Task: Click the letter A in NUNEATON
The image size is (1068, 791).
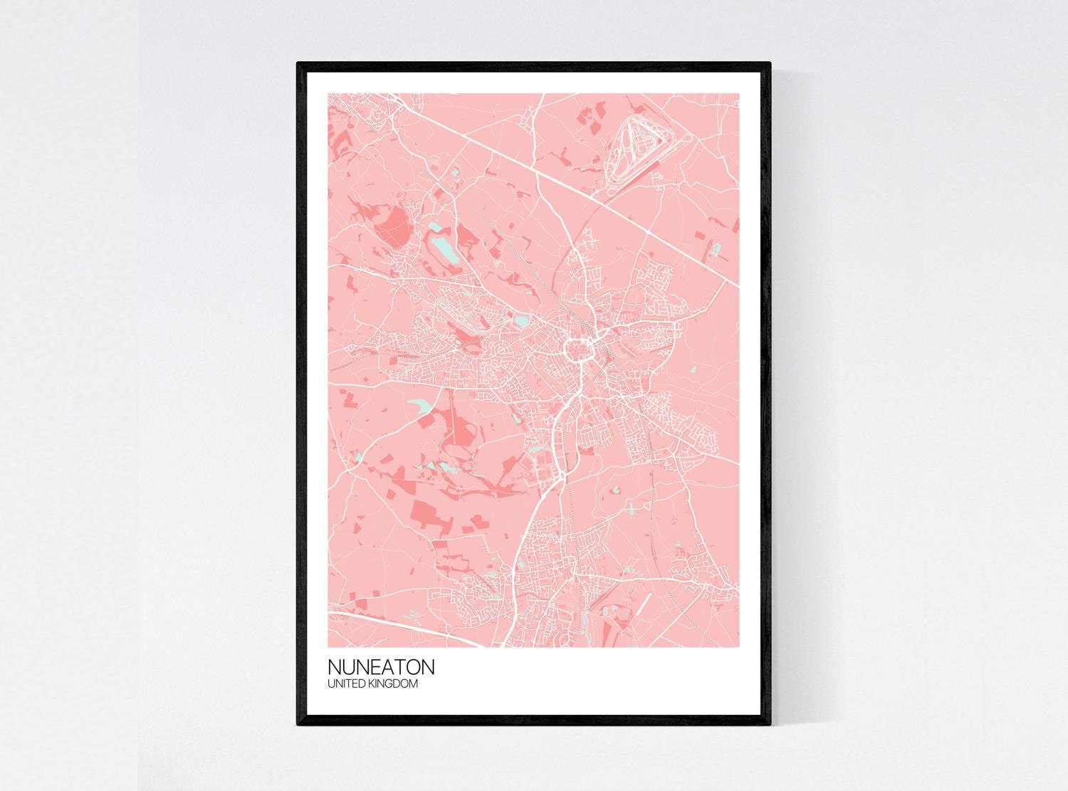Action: pyautogui.click(x=387, y=668)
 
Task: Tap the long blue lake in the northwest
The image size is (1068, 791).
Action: pyautogui.click(x=441, y=249)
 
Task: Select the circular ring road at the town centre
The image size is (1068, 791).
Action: pyautogui.click(x=577, y=350)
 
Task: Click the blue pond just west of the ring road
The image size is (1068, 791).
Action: pyautogui.click(x=522, y=322)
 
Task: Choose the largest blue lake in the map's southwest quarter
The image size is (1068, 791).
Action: pyautogui.click(x=419, y=407)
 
